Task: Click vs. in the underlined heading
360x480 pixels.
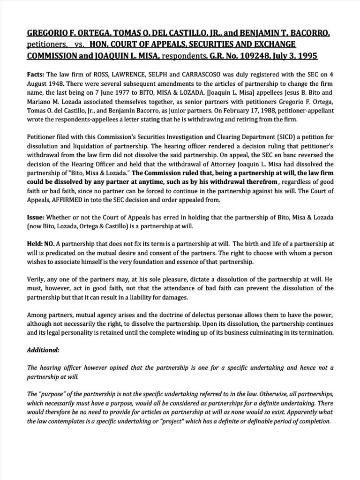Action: coord(79,44)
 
